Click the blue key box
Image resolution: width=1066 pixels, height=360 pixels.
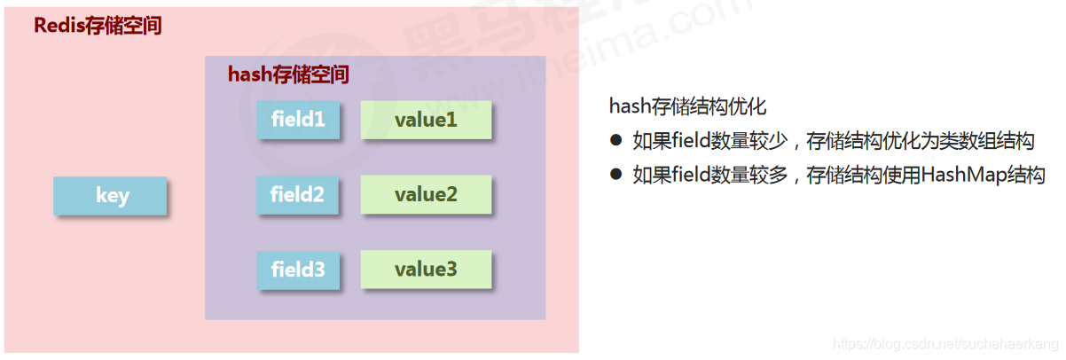click(x=111, y=196)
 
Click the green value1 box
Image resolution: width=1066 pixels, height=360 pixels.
click(x=426, y=119)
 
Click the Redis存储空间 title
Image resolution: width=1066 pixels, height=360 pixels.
click(x=98, y=26)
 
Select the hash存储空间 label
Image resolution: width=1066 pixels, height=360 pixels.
click(x=288, y=74)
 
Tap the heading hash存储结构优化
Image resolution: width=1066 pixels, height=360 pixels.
click(x=687, y=106)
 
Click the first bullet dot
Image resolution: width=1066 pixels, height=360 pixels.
click(x=615, y=140)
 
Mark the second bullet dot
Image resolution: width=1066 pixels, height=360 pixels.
click(x=615, y=175)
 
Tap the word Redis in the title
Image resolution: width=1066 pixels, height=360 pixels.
click(x=59, y=26)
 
